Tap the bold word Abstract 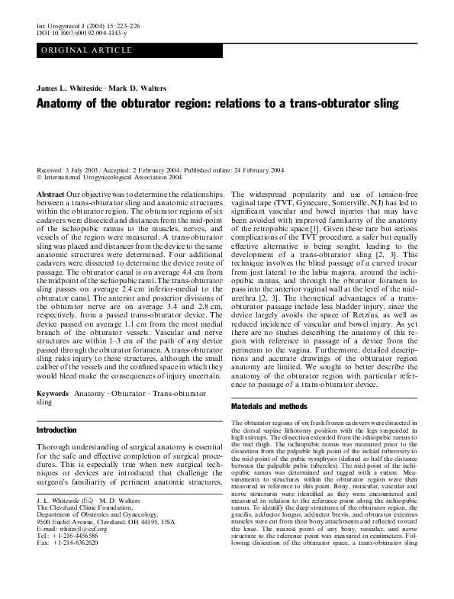pyautogui.click(x=50, y=195)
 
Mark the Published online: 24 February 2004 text pyautogui.click(x=253, y=169)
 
